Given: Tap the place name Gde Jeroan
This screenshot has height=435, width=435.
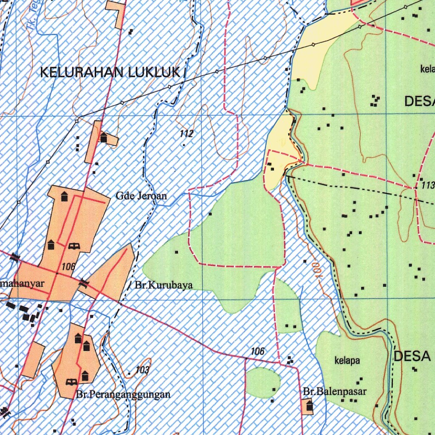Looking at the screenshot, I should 141,196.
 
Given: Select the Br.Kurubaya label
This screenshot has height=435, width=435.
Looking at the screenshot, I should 164,285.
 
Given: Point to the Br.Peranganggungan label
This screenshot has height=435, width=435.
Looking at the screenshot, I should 124,394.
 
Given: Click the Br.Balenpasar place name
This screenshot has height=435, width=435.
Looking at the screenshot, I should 335,391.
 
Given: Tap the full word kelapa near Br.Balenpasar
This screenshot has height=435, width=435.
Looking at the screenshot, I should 347,361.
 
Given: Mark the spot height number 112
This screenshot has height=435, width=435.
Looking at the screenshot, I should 186,134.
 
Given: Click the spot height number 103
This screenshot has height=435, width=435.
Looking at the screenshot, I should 142,370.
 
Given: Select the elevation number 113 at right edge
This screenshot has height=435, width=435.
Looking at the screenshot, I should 428,186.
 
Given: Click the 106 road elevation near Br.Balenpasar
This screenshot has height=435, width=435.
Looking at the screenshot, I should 257,351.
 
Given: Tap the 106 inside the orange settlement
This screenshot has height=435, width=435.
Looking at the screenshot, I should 68,267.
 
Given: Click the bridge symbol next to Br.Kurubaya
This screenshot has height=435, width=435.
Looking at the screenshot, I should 84,282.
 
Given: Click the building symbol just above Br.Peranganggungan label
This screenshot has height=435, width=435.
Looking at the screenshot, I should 85,376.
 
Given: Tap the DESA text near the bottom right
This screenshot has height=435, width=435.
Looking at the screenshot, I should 412,356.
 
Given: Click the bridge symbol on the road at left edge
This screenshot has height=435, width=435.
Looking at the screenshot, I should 15,257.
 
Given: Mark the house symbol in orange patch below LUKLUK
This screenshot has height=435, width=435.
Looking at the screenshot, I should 104,137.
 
